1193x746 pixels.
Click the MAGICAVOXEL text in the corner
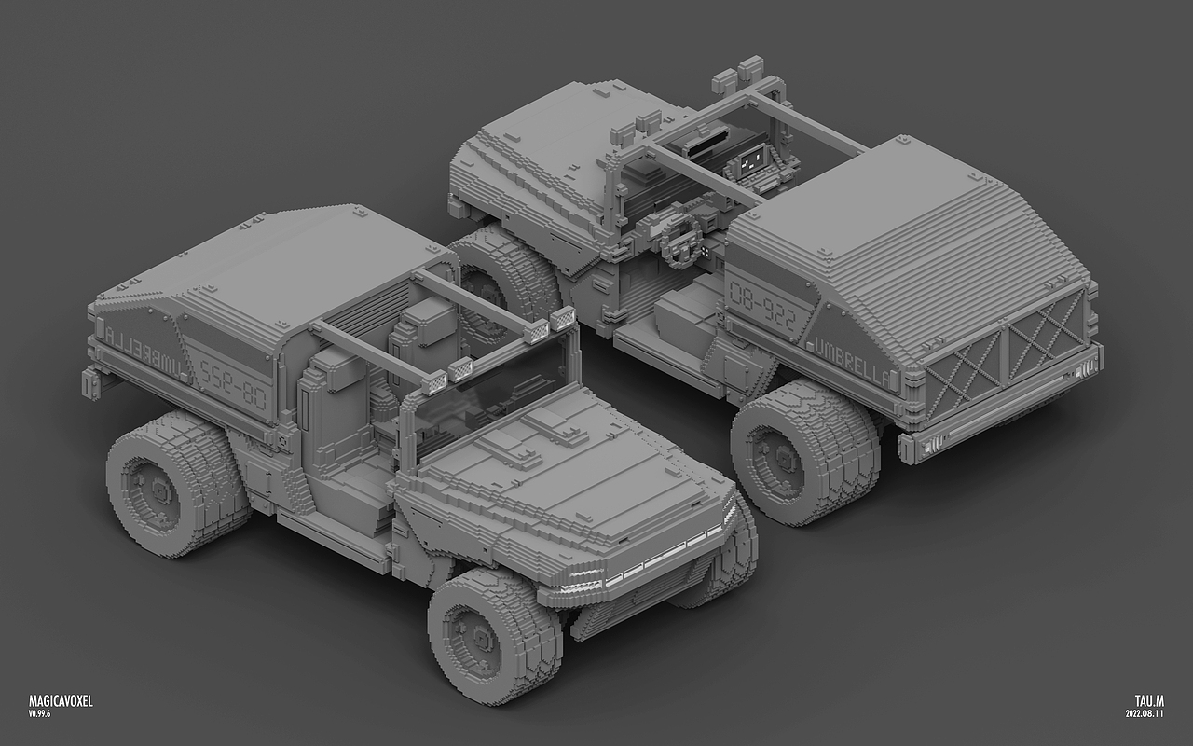pyautogui.click(x=61, y=700)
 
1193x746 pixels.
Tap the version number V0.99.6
pyautogui.click(x=39, y=713)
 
